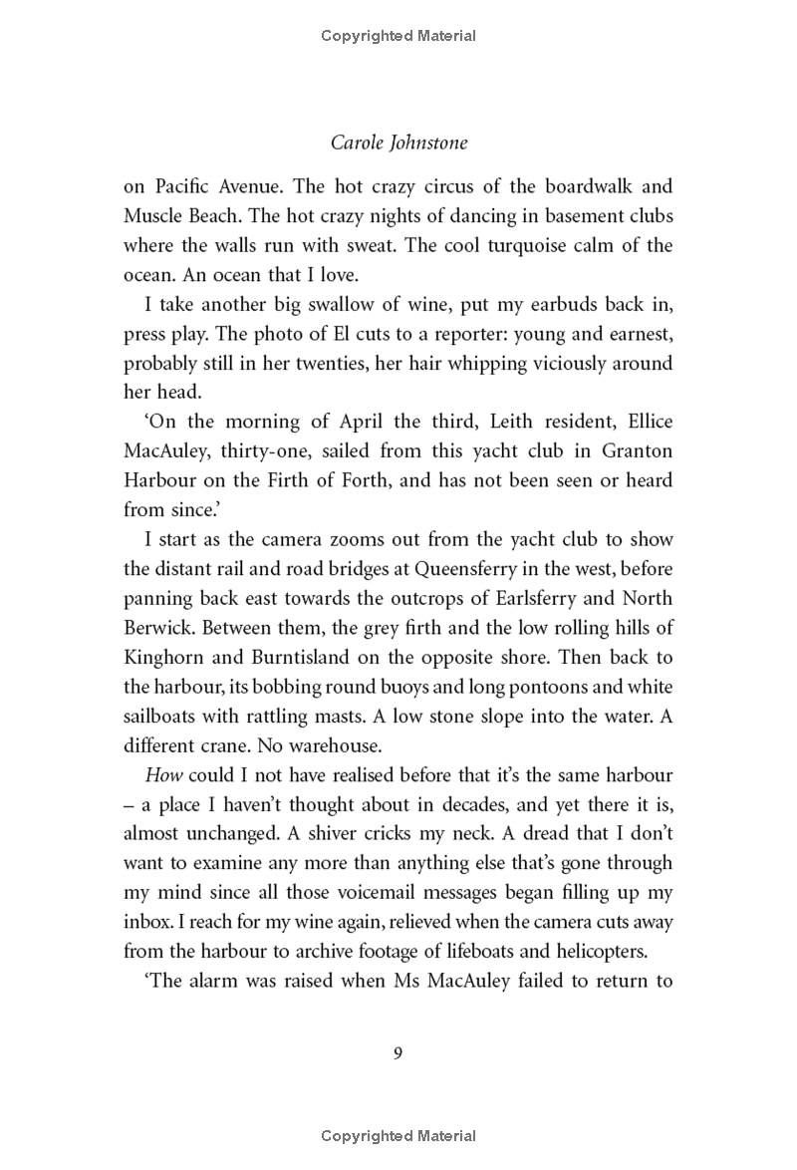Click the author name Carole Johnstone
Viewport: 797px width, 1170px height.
pos(398,143)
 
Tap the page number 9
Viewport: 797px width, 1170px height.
pos(398,1054)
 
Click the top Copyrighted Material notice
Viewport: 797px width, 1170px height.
pos(398,36)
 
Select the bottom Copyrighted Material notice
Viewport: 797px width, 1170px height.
pos(398,1135)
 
